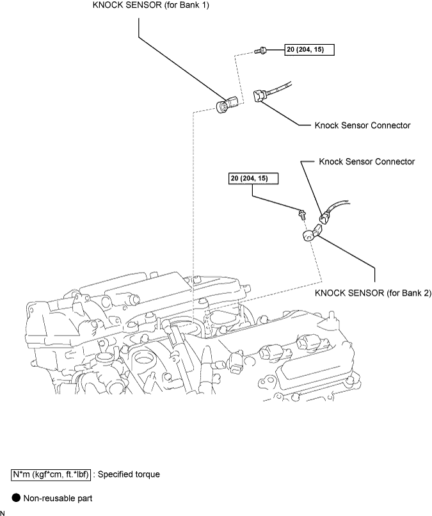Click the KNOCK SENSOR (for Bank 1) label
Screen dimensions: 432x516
click(x=150, y=5)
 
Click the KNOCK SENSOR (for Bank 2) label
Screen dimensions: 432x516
click(x=372, y=293)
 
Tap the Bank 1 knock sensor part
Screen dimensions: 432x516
click(x=227, y=104)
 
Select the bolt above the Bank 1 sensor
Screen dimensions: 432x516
click(x=260, y=51)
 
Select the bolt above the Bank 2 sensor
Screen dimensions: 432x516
click(x=301, y=214)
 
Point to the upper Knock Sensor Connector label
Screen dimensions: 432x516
click(x=363, y=125)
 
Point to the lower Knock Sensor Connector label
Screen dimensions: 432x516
click(x=367, y=161)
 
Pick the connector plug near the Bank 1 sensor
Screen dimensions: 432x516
click(x=260, y=96)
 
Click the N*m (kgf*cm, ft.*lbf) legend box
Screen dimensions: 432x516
click(x=51, y=474)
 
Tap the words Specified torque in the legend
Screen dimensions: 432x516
click(x=129, y=474)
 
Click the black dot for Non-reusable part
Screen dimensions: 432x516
click(x=16, y=497)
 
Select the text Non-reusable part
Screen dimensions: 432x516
click(x=58, y=498)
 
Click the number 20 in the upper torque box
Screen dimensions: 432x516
click(x=291, y=49)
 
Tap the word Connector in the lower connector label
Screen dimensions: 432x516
click(x=395, y=161)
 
